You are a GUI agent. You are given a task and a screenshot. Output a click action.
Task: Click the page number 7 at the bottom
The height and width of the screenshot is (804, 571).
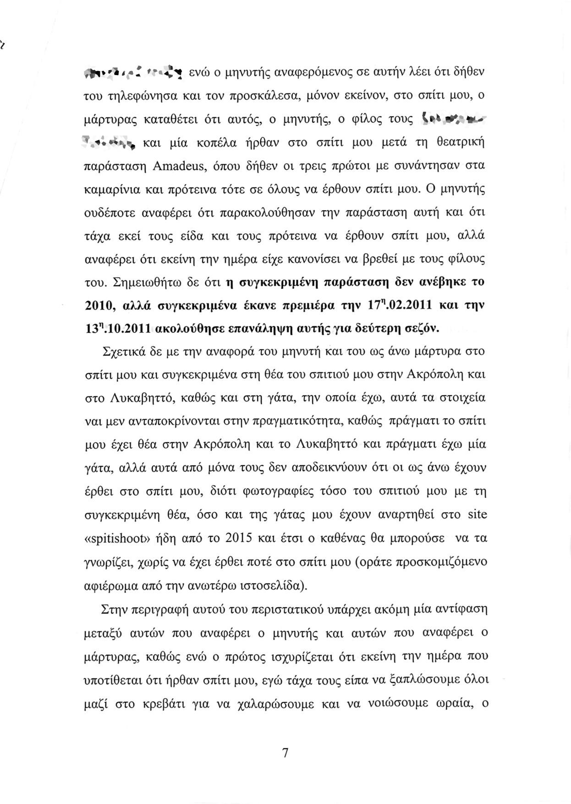click(x=285, y=753)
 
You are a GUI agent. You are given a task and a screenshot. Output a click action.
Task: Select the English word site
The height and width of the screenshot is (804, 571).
click(x=477, y=515)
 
